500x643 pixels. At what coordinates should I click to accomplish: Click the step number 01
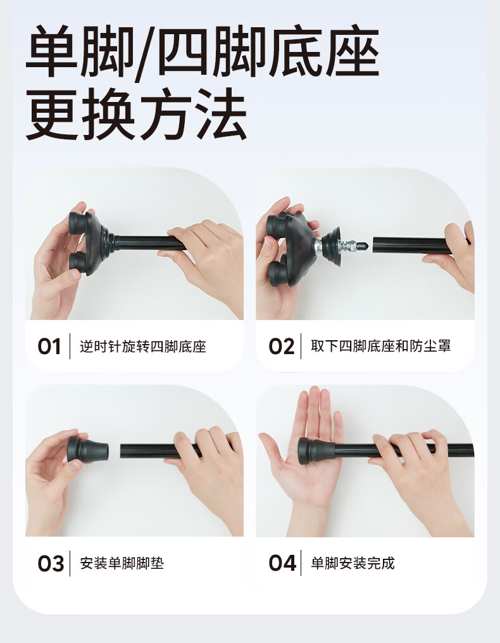[49, 347]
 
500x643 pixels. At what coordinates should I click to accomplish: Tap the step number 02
[282, 347]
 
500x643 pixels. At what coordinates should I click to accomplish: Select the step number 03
[51, 563]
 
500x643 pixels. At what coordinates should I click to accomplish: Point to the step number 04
[282, 563]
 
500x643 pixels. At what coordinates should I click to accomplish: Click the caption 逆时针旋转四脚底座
[142, 347]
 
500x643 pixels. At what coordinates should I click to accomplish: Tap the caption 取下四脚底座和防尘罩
[381, 346]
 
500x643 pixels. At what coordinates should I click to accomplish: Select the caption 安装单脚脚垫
[122, 563]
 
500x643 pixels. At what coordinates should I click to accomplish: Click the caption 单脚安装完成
[353, 563]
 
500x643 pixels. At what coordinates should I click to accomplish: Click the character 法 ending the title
[221, 114]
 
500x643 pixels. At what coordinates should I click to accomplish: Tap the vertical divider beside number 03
[70, 563]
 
